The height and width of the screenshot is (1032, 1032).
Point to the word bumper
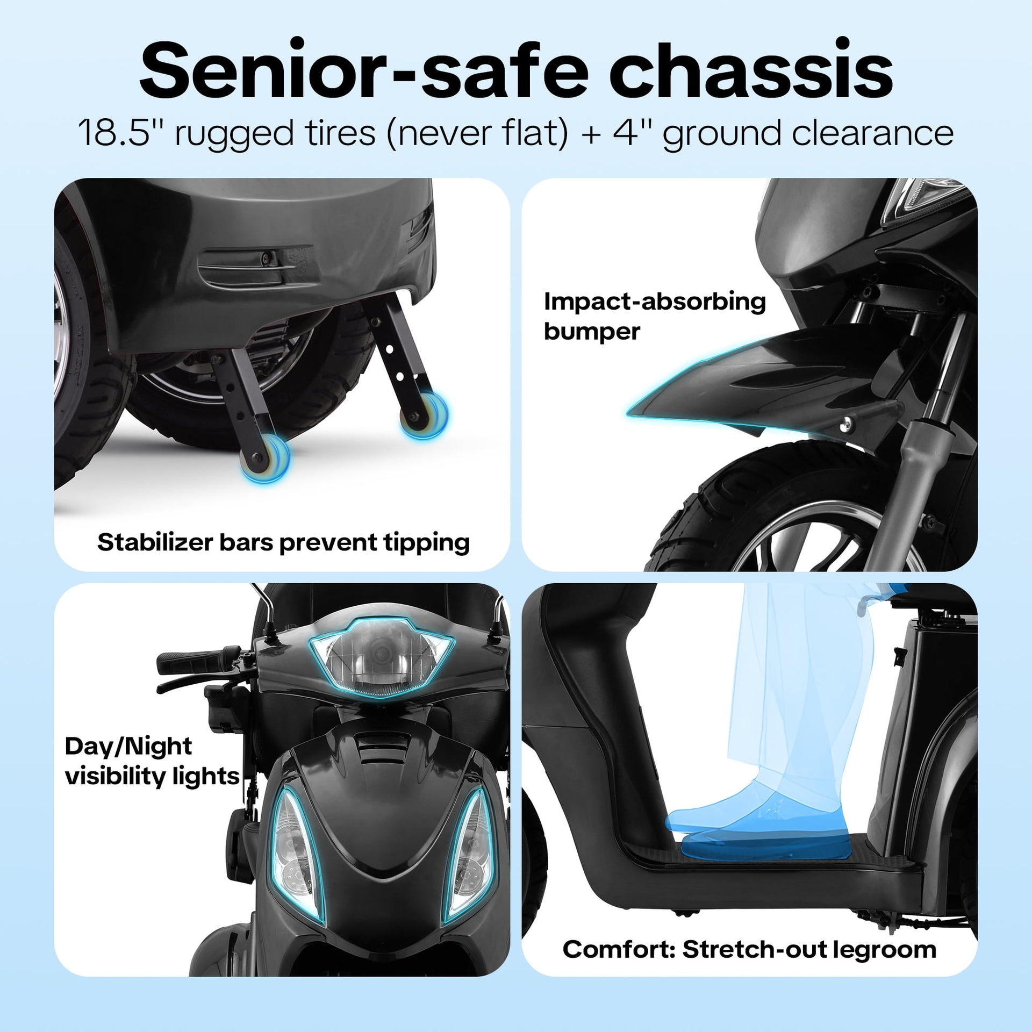[x=592, y=332]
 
